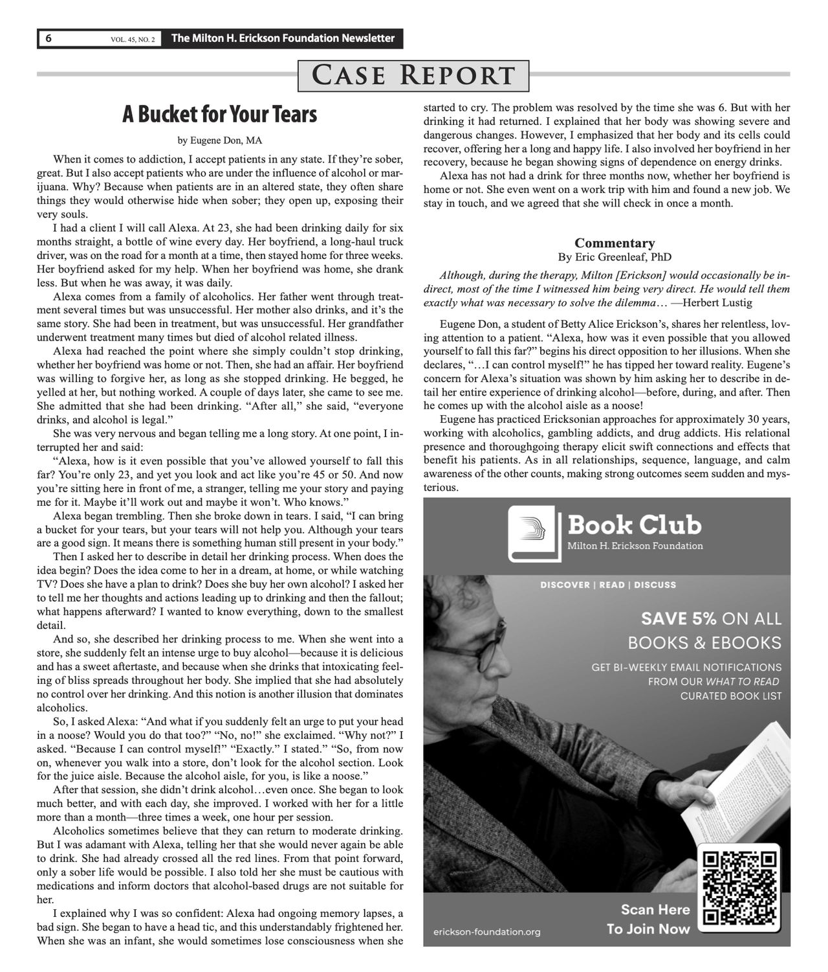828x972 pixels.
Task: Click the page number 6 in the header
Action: click(48, 39)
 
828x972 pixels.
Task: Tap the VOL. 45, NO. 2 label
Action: click(133, 40)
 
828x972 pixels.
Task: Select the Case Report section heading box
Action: click(413, 75)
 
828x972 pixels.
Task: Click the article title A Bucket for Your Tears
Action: click(220, 115)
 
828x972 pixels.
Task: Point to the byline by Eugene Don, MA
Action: click(220, 140)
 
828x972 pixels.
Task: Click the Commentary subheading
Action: click(615, 243)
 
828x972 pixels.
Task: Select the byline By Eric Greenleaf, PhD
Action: click(615, 257)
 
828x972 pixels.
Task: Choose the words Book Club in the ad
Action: click(634, 525)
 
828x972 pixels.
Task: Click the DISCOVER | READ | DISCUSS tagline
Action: click(608, 585)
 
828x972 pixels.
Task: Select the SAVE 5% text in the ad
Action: click(679, 618)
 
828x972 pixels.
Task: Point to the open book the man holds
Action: click(744, 771)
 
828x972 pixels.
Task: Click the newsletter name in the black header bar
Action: click(283, 39)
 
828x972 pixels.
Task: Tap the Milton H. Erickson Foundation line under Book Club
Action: click(635, 546)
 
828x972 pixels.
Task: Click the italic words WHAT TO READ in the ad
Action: click(742, 681)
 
